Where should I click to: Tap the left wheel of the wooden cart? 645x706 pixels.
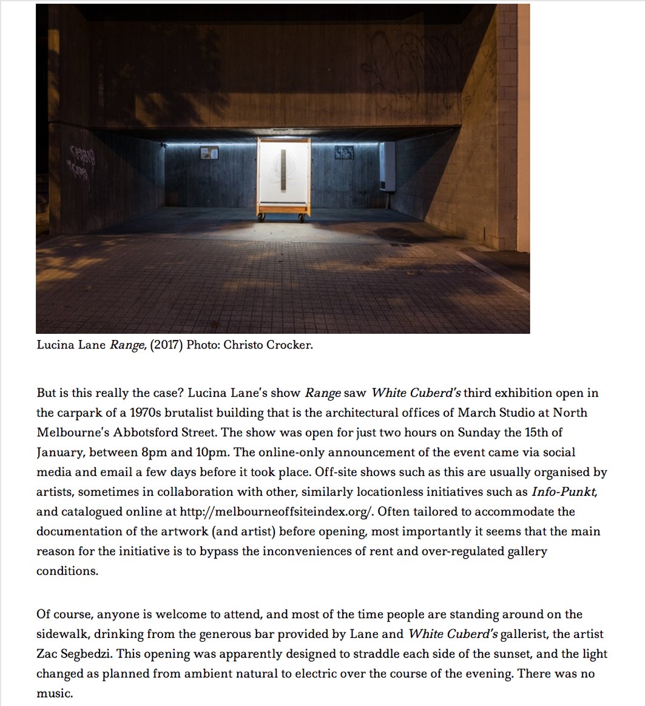tap(263, 217)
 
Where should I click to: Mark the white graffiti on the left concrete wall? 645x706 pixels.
tap(82, 161)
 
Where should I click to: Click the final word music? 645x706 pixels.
tap(54, 693)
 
